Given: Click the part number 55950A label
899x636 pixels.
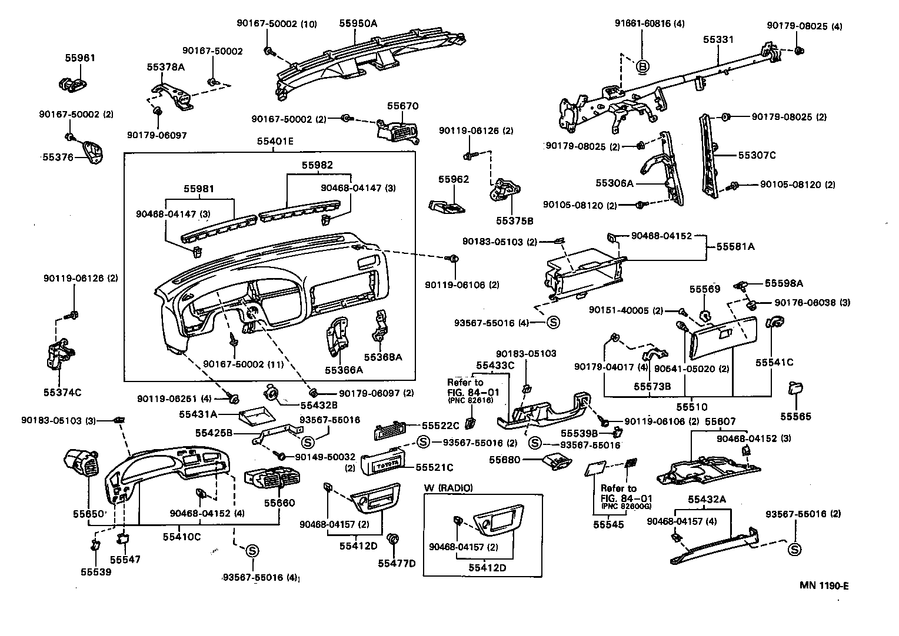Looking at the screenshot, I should point(358,24).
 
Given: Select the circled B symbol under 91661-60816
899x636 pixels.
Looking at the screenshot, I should point(642,67).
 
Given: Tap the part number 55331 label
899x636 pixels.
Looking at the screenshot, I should point(718,39).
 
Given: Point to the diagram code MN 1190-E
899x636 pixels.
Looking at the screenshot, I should point(824,585).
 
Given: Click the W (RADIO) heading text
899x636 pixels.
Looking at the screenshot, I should point(448,488).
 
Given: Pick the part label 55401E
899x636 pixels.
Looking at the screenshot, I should point(275,141).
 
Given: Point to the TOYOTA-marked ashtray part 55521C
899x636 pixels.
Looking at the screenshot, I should point(382,464).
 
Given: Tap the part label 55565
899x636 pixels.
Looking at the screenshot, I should point(796,416).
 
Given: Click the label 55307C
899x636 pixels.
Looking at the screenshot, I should point(757,155).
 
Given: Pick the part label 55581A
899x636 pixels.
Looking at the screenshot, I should point(735,247).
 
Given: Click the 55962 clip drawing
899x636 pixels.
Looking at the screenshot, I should point(445,205).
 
